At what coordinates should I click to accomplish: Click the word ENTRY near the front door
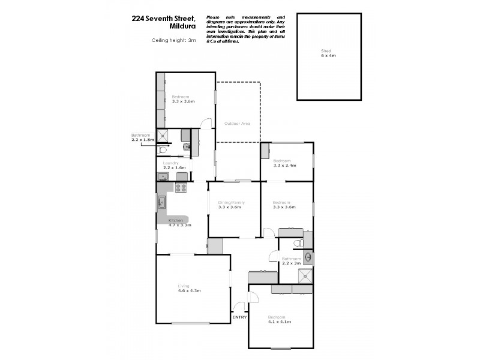click(x=239, y=317)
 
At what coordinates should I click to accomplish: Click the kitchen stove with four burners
click(x=181, y=187)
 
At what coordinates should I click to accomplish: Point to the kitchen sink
click(x=162, y=202)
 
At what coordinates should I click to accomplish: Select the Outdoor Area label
click(x=237, y=124)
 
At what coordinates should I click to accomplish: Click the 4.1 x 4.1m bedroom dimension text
click(x=280, y=322)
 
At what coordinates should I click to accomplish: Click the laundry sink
click(x=162, y=176)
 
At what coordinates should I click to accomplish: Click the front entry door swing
click(x=239, y=304)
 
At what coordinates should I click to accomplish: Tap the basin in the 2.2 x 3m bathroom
click(x=308, y=257)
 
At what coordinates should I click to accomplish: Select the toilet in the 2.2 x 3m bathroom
click(x=298, y=243)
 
